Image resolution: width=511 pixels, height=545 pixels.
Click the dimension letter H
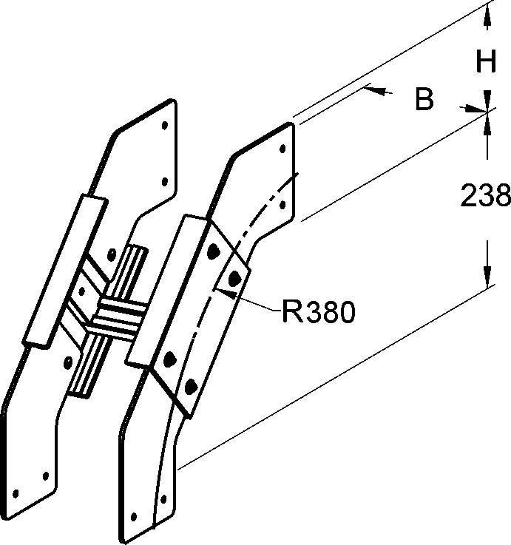pyautogui.click(x=485, y=62)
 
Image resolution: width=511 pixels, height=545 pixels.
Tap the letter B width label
pyautogui.click(x=424, y=99)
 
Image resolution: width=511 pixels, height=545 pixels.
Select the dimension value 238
pyautogui.click(x=485, y=196)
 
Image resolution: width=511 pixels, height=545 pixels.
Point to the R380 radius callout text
pyautogui.click(x=319, y=312)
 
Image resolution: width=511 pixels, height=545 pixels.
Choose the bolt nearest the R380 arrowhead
pyautogui.click(x=236, y=278)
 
